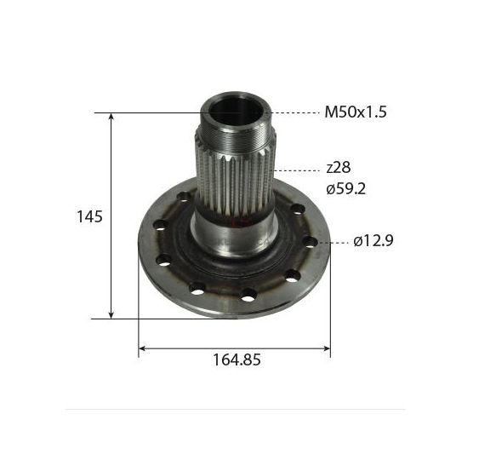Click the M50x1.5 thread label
click(x=356, y=112)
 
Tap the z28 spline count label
click(x=339, y=168)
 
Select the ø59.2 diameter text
click(x=345, y=189)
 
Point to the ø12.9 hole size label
click(x=374, y=241)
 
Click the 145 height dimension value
click(x=89, y=217)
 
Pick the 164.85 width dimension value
click(x=237, y=359)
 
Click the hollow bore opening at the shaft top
click(x=236, y=111)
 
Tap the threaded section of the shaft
click(x=235, y=137)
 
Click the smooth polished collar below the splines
click(x=234, y=234)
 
